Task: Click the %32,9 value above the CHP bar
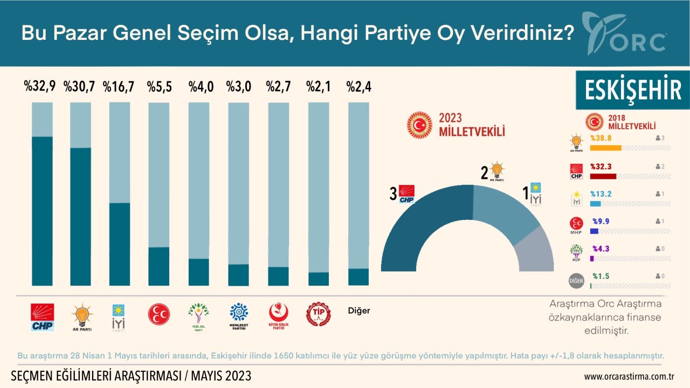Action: [40, 87]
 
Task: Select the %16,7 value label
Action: [119, 87]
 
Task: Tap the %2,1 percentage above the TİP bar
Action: [318, 87]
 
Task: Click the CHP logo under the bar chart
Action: [42, 316]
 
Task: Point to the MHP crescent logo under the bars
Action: [158, 314]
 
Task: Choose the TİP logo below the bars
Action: [318, 314]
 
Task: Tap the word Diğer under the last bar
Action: [359, 310]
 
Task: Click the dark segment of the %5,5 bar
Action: [158, 266]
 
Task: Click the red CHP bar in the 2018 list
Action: [603, 176]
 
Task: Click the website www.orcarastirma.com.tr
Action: [629, 376]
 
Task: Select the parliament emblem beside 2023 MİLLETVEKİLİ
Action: [419, 124]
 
